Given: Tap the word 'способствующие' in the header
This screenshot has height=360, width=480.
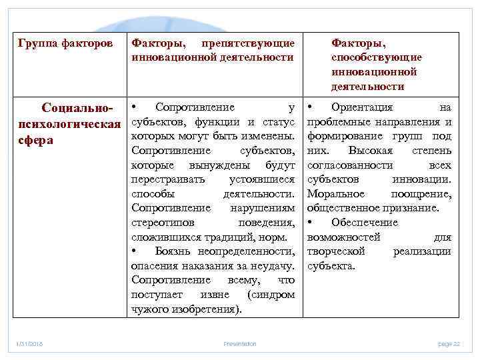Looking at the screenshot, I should pos(377,57).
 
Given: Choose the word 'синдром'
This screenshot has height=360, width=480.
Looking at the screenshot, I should pos(272,295).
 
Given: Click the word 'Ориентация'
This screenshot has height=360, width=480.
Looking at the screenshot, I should pos(361,107).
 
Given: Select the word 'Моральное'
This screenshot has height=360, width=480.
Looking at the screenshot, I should pos(336,194).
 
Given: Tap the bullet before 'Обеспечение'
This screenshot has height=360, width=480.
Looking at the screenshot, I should pos(310,223).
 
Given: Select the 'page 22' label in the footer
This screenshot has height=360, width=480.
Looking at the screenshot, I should pos(449,343).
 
